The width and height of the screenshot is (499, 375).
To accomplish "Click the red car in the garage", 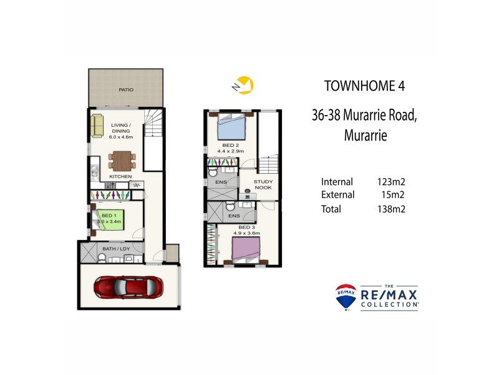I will [x=129, y=287].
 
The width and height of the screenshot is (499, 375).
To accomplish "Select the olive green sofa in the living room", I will [x=97, y=126].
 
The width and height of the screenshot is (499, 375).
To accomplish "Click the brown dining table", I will [x=121, y=161].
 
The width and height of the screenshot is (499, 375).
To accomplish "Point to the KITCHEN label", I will [x=120, y=177].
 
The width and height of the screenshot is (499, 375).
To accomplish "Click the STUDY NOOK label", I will [x=263, y=185].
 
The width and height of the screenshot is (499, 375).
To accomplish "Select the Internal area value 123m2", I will [x=391, y=182].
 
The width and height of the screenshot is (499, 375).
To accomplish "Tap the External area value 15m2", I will [x=394, y=195].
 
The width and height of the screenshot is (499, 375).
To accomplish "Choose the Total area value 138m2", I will [x=391, y=209].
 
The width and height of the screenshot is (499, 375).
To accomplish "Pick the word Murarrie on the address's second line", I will [x=365, y=135].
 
